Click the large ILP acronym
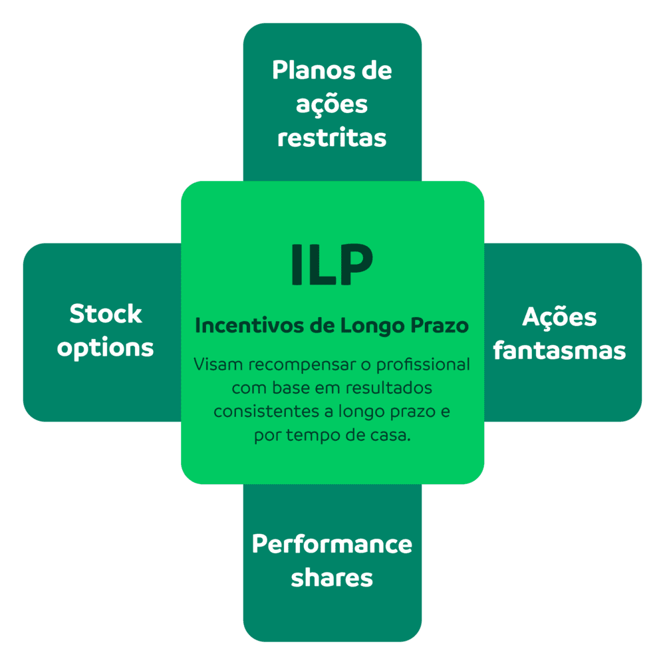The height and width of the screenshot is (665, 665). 332,265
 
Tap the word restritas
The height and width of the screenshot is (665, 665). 332,138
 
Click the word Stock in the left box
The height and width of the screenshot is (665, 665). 106,314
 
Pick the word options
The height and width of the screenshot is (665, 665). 106,348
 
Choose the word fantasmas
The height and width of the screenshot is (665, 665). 560,350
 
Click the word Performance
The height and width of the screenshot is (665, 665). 332,544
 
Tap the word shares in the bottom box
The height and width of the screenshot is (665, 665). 332,577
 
